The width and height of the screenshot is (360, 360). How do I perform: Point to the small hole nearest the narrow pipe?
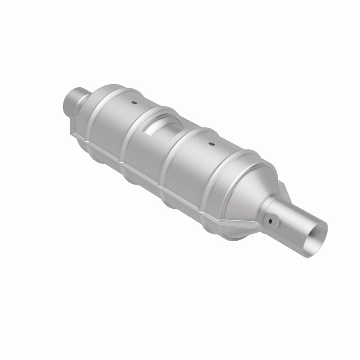point(134,103)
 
